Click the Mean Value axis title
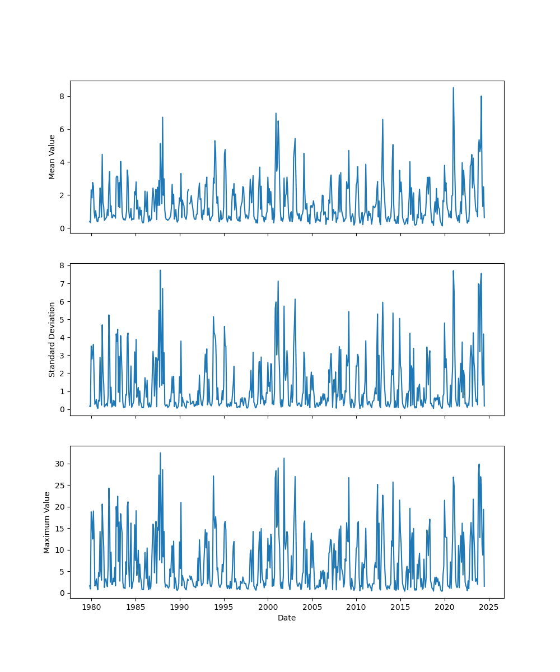tap(52, 157)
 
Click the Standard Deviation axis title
tap(52, 339)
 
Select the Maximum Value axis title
tap(48, 522)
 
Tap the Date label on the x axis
tap(287, 618)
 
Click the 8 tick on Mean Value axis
tap(62, 96)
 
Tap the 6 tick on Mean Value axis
tap(62, 129)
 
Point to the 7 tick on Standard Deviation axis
tap(62, 283)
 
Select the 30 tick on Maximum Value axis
tap(59, 464)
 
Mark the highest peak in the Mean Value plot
tap(454, 87)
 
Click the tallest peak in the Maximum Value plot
tap(160, 453)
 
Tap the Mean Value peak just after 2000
tap(276, 113)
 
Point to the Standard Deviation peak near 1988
tap(160, 270)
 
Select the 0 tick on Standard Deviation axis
tap(62, 409)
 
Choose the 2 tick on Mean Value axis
tap(62, 195)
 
